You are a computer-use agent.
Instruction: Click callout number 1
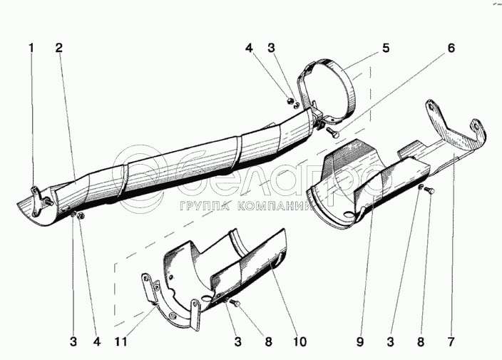click(31, 48)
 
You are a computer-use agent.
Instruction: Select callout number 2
click(59, 48)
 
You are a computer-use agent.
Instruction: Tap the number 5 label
click(386, 48)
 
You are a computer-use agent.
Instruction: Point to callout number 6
click(451, 48)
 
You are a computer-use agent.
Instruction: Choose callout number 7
click(451, 341)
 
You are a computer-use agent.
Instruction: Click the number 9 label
click(360, 341)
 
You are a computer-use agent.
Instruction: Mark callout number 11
click(121, 341)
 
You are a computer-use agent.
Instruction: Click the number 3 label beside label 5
click(271, 48)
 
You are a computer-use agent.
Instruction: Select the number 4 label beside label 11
click(97, 341)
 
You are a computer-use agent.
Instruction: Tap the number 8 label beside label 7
click(421, 341)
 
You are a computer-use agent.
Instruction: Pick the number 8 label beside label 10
click(268, 341)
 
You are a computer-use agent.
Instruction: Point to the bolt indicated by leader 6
click(332, 132)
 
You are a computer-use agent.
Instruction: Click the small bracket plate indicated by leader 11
click(150, 287)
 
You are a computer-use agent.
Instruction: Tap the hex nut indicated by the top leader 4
click(289, 101)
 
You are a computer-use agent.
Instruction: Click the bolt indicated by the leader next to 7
click(429, 190)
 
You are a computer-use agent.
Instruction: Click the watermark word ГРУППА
click(205, 206)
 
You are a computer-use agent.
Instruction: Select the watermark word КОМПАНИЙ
click(276, 206)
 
